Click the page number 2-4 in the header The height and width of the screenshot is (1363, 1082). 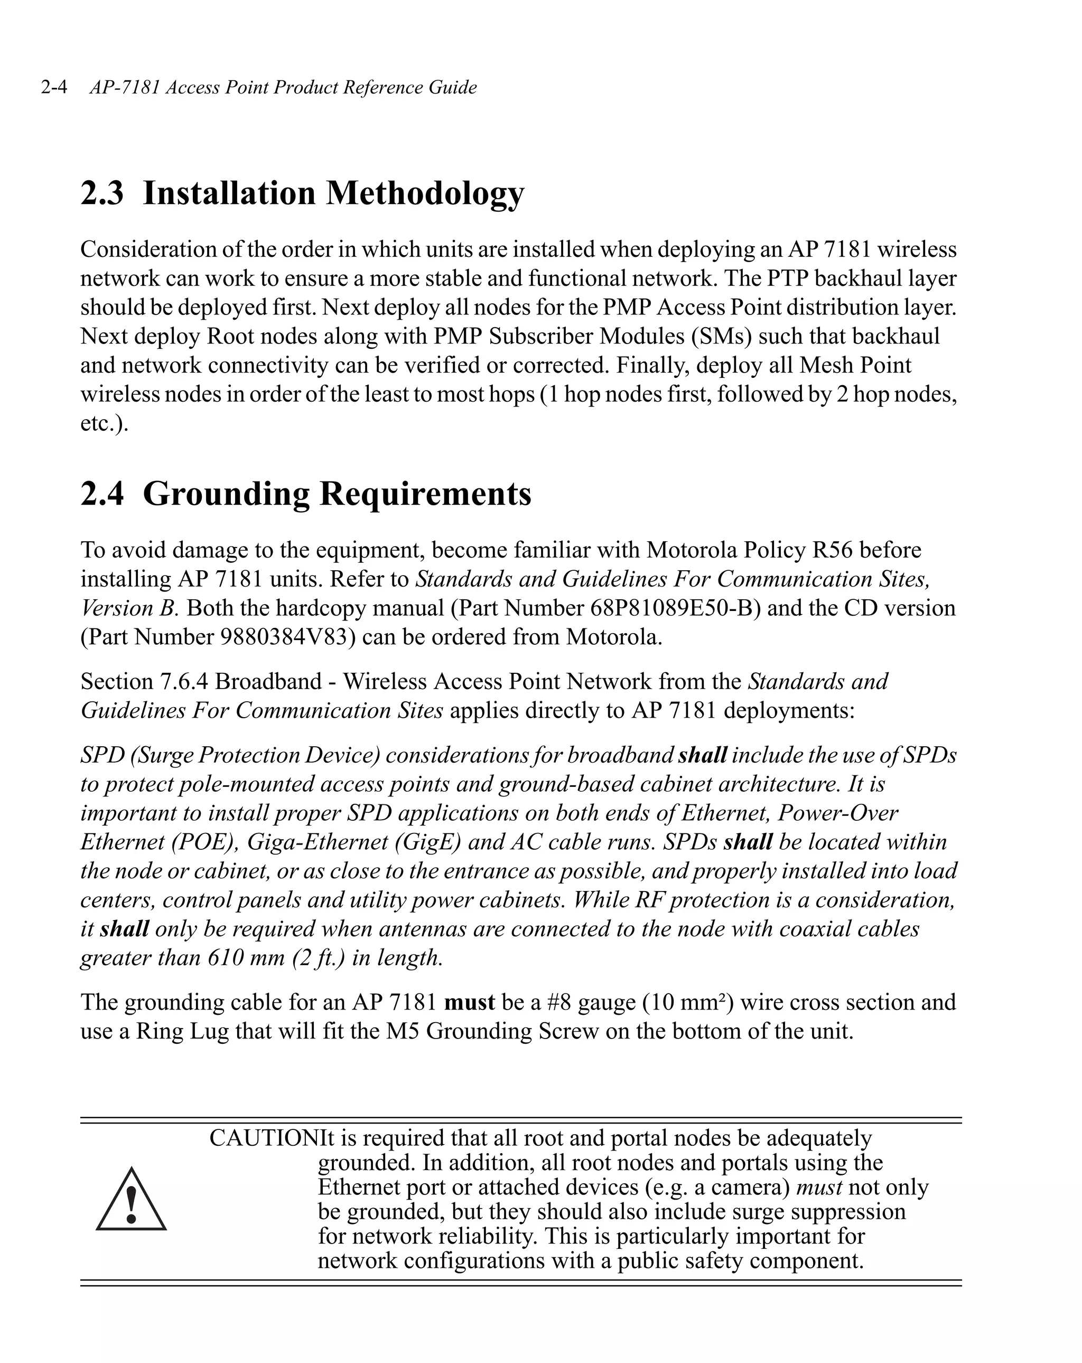pyautogui.click(x=54, y=87)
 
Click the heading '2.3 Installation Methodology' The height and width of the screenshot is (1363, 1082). pyautogui.click(x=302, y=193)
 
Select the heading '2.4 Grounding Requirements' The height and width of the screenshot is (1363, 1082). pyautogui.click(x=305, y=494)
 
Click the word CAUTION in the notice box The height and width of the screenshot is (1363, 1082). pyautogui.click(x=264, y=1138)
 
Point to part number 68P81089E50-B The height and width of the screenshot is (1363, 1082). pyautogui.click(x=676, y=608)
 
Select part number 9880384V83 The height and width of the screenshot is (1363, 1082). pyautogui.click(x=287, y=637)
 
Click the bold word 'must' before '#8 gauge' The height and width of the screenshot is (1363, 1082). pyautogui.click(x=469, y=1003)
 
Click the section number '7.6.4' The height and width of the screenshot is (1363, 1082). pyautogui.click(x=183, y=682)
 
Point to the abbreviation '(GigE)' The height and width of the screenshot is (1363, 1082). pyautogui.click(x=428, y=842)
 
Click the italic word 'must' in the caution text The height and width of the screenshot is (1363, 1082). pyautogui.click(x=818, y=1187)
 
